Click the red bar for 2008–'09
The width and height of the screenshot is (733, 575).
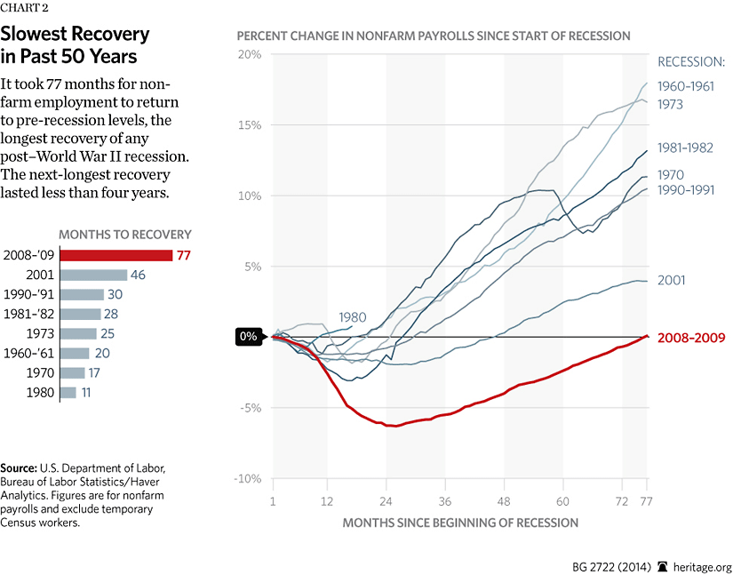pos(115,256)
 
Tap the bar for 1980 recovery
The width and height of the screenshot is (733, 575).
pos(68,392)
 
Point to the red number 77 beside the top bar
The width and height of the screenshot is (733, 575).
pos(185,256)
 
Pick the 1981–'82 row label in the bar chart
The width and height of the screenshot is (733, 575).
pos(28,314)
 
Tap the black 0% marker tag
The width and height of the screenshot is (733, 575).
pos(248,337)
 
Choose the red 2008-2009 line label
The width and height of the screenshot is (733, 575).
pos(691,338)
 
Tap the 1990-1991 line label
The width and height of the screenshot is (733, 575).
pos(690,190)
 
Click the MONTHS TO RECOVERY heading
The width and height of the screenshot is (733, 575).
pos(125,235)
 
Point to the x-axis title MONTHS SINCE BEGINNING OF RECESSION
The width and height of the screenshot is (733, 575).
pos(460,522)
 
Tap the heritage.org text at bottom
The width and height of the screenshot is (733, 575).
pos(697,566)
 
